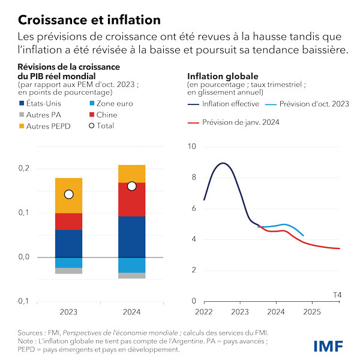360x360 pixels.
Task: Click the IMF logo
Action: (x=329, y=346)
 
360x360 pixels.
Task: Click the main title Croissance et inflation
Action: (x=89, y=20)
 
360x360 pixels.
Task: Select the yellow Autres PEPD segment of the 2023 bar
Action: (x=68, y=195)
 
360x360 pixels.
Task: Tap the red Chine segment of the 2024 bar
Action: (x=131, y=199)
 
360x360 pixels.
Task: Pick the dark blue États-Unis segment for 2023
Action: (x=68, y=243)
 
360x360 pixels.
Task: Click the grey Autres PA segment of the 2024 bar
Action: (x=131, y=276)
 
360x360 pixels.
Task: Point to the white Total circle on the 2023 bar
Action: (x=68, y=194)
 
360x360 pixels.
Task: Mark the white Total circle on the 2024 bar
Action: (x=132, y=186)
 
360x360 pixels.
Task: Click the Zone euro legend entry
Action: (x=110, y=104)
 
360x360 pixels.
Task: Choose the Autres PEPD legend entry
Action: (x=43, y=125)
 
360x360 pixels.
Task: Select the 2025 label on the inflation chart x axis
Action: (x=311, y=313)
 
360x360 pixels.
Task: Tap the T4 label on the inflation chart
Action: (x=337, y=294)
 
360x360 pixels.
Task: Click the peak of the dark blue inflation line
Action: (x=223, y=163)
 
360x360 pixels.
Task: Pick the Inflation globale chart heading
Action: (x=223, y=77)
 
